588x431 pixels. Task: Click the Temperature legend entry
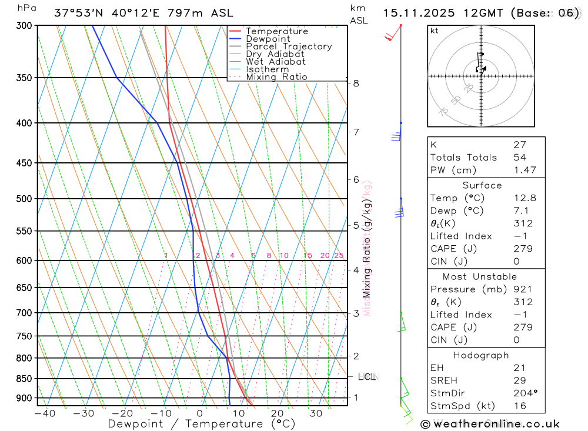tap(276, 31)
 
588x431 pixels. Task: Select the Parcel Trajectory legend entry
tap(288, 46)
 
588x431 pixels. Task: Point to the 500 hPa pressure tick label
tap(24, 199)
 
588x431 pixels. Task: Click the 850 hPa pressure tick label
tap(24, 379)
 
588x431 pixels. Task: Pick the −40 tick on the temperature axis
tap(45, 413)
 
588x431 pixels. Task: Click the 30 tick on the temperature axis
tap(316, 413)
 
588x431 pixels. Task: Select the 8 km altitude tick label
tap(356, 83)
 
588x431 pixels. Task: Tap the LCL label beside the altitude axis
tap(367, 376)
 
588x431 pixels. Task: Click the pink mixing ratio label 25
tap(339, 255)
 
